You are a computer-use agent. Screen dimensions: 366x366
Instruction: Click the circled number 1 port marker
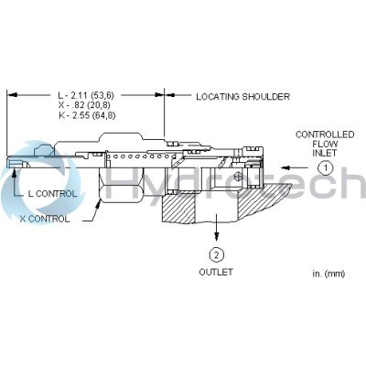point(326,167)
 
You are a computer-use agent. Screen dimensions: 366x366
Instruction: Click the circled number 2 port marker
point(217,254)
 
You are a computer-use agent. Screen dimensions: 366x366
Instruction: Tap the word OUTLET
point(216,272)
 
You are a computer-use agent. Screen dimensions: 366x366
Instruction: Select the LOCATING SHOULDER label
point(242,97)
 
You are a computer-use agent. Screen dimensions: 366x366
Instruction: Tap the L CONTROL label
point(52,194)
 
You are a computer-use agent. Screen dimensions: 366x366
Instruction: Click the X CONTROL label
point(45,219)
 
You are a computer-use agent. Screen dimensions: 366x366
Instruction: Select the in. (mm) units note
point(328,274)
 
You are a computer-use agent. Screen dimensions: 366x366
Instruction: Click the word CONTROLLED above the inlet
point(325,135)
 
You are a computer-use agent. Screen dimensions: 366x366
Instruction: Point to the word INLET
point(324,153)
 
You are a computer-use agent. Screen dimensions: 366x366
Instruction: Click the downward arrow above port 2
point(217,227)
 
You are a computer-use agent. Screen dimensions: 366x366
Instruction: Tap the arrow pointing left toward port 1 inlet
point(296,167)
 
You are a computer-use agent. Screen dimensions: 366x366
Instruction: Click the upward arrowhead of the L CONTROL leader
point(14,173)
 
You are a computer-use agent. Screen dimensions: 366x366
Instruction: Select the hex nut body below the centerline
point(121,186)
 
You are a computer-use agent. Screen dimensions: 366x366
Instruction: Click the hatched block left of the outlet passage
point(178,209)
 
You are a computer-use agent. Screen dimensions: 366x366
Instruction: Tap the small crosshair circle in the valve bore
point(237,177)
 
